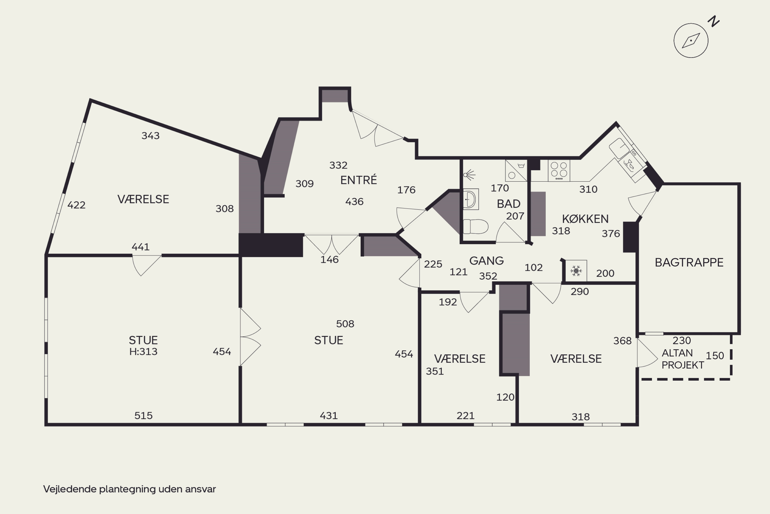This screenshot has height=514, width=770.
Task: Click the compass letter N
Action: coord(714,21)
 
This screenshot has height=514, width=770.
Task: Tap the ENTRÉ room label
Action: coord(359,180)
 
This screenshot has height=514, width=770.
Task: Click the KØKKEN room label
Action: coord(585,219)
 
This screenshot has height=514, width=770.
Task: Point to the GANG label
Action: coord(486,261)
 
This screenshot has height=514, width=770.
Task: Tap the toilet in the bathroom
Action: coord(476,226)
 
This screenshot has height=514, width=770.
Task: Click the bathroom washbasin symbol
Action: coord(471,199)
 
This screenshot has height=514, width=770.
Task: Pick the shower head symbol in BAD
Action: coord(469,175)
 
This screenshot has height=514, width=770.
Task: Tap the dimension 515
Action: coord(143,416)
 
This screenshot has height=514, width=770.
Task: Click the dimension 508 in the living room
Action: coord(345,324)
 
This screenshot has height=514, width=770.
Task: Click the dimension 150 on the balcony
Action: coord(715,356)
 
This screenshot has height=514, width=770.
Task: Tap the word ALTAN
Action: coord(677,353)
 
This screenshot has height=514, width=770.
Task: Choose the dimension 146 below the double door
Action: coord(329,260)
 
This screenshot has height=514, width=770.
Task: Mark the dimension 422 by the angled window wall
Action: coord(76,205)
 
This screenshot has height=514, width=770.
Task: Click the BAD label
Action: coord(508,204)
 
